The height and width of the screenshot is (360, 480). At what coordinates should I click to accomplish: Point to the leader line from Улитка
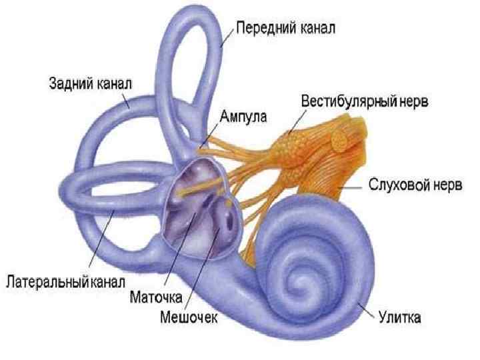click(x=367, y=308)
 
